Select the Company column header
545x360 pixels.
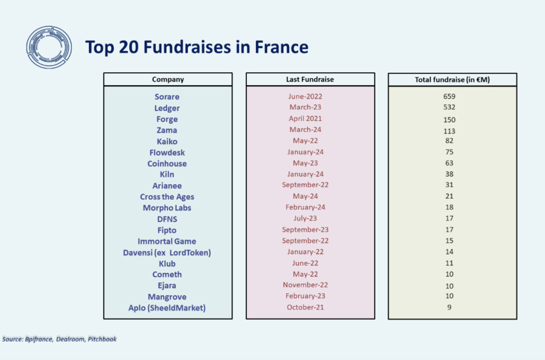pos(168,79)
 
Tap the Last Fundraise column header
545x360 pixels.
pos(310,79)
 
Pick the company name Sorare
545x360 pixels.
pos(167,97)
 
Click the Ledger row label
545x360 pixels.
pos(167,108)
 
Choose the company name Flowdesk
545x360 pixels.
pos(167,152)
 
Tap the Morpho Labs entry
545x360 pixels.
pos(167,208)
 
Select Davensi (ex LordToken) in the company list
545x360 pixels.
pos(167,252)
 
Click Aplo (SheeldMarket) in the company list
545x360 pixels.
pos(167,308)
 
